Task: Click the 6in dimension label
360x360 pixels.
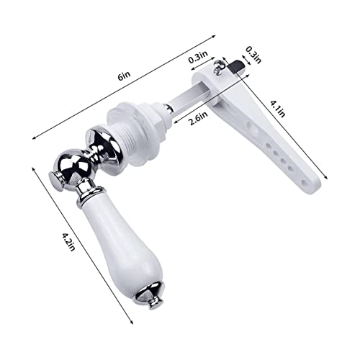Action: click(x=125, y=76)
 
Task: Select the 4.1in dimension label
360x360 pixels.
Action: click(x=278, y=109)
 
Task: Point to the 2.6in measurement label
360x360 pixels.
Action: click(x=198, y=118)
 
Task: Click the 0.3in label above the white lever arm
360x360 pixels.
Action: click(x=198, y=57)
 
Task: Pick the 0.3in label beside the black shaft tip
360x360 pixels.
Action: click(x=253, y=55)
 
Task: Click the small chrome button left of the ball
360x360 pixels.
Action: click(x=56, y=181)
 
